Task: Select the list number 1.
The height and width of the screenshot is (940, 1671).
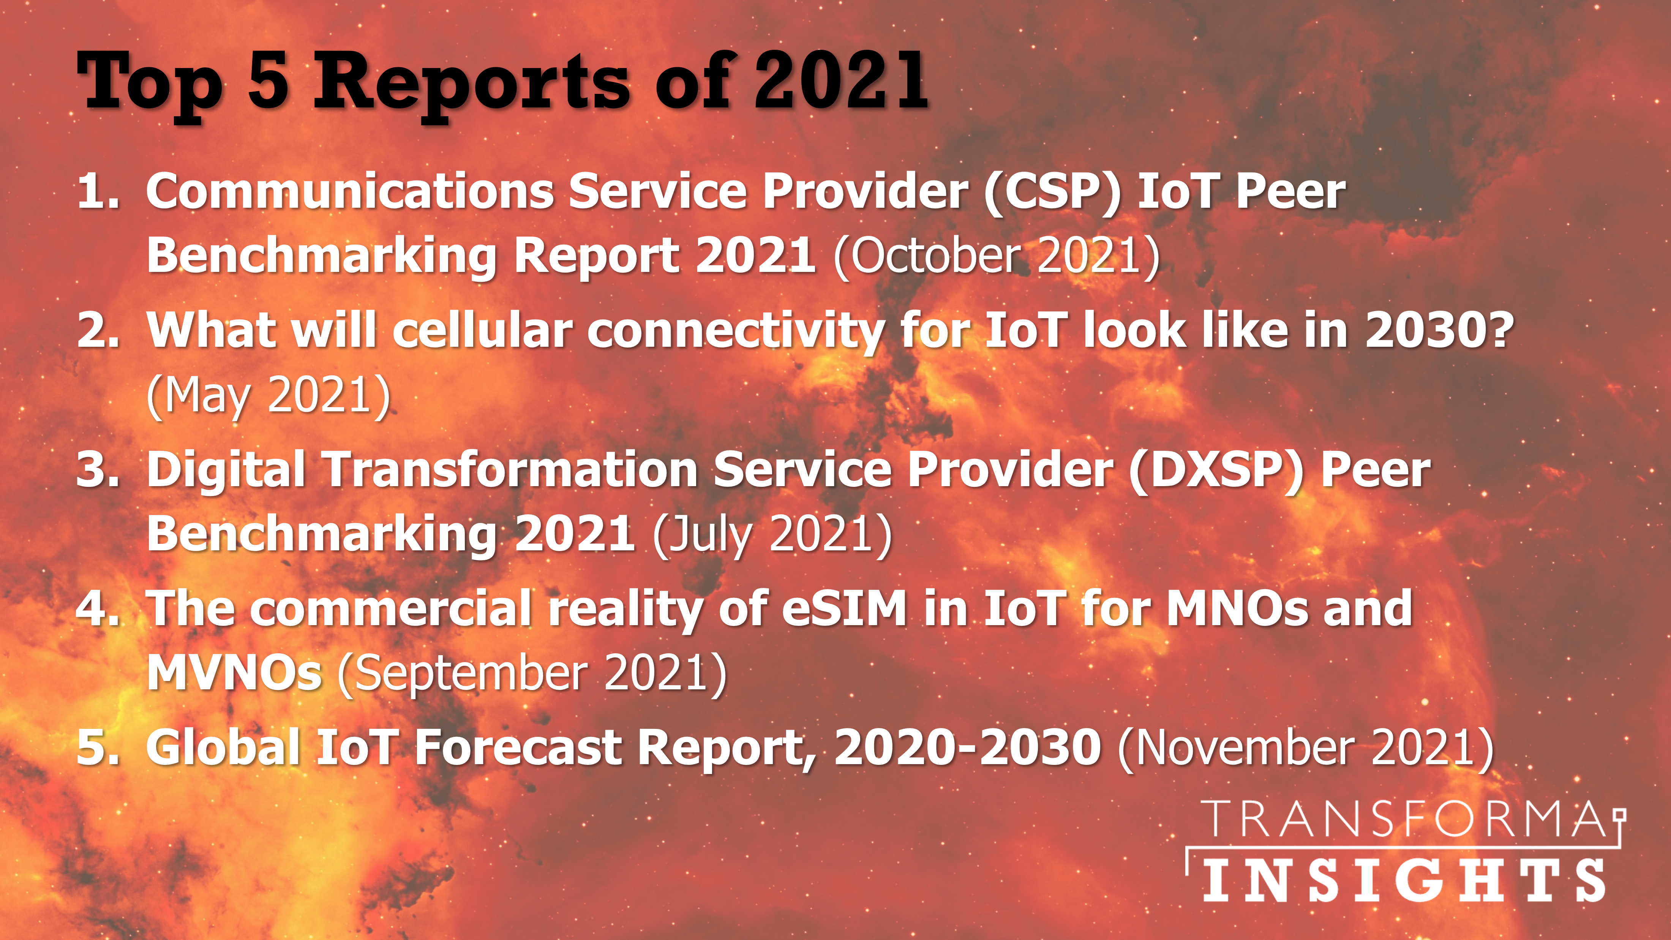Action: pyautogui.click(x=97, y=192)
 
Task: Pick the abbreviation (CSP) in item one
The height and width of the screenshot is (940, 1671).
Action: pyautogui.click(x=1052, y=193)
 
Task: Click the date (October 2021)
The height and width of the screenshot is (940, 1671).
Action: pyautogui.click(x=997, y=257)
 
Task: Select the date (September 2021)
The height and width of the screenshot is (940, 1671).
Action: pyautogui.click(x=532, y=675)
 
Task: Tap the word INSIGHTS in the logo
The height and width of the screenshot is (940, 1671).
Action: pyautogui.click(x=1404, y=880)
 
